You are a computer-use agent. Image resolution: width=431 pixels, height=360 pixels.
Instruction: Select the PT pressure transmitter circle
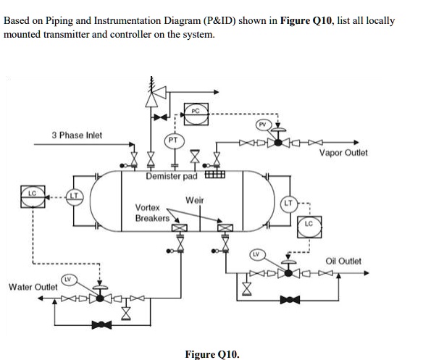click(175, 140)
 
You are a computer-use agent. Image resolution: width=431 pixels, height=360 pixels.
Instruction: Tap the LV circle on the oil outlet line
click(256, 254)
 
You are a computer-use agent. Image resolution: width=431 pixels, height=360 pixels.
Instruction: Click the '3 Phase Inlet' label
click(77, 135)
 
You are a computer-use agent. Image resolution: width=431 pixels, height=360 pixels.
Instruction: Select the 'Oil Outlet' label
click(343, 261)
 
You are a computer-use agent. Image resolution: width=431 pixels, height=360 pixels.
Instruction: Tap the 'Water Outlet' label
click(33, 288)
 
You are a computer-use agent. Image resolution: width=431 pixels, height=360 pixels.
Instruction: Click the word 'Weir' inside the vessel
click(194, 200)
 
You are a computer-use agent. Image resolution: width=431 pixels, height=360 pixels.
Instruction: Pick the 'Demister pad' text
click(172, 177)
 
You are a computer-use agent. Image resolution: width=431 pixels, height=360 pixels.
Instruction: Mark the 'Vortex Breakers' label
click(152, 212)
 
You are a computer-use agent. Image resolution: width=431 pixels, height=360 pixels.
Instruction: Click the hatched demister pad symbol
click(215, 175)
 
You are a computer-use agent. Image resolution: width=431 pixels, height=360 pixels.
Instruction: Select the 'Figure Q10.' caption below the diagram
click(212, 354)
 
